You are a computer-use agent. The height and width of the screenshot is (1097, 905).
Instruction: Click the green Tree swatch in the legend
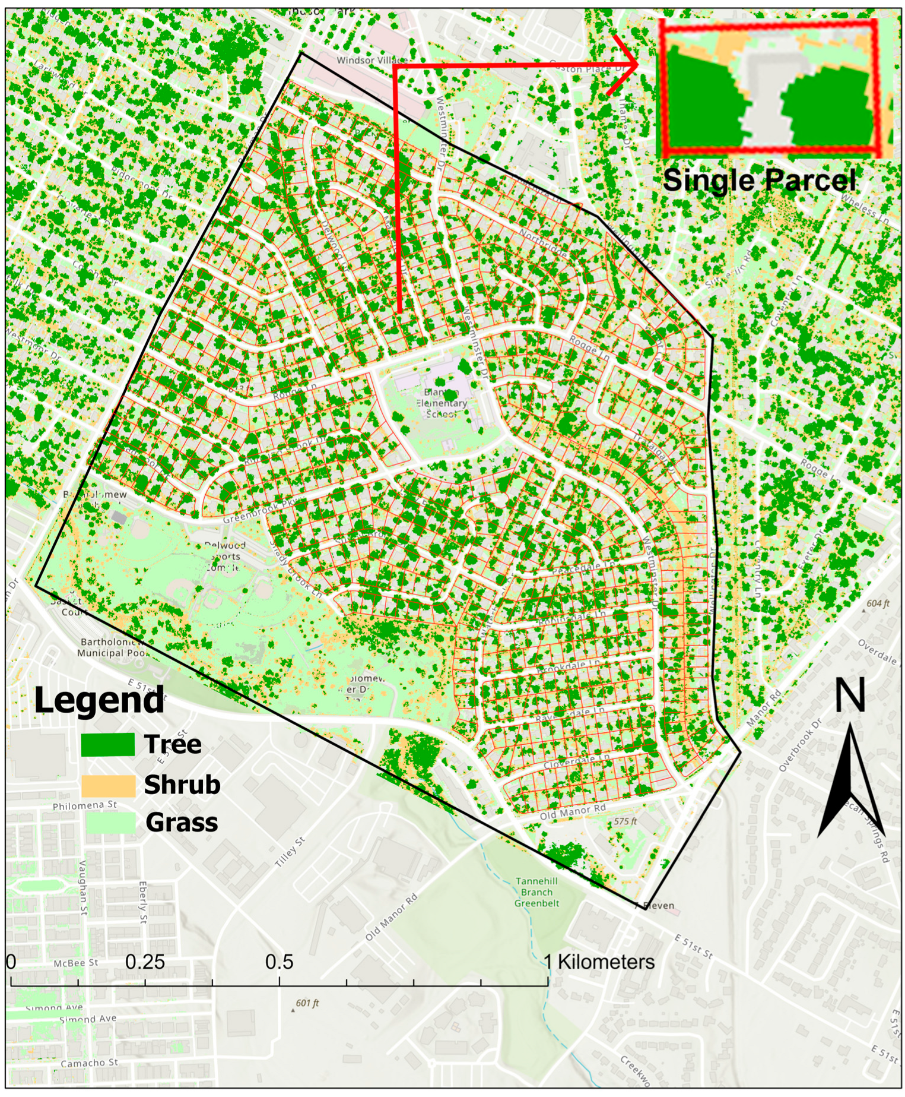pos(108,745)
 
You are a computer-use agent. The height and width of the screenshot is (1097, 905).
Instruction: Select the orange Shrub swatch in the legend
pos(108,785)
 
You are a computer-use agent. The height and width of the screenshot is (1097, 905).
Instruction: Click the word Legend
pos(99,700)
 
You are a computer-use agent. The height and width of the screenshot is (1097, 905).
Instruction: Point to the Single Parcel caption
pos(760,180)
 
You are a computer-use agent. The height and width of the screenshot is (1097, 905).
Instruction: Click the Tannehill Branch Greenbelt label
pos(536,892)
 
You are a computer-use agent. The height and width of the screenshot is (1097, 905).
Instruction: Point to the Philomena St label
pos(84,806)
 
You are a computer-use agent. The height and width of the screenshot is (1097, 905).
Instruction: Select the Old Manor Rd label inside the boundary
pos(573,812)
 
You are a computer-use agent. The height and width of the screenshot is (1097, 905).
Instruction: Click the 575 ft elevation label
pos(625,821)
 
